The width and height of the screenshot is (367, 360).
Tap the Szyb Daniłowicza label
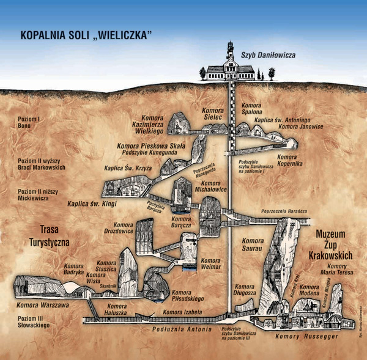point(269,55)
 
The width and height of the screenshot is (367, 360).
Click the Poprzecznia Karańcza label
point(283,211)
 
